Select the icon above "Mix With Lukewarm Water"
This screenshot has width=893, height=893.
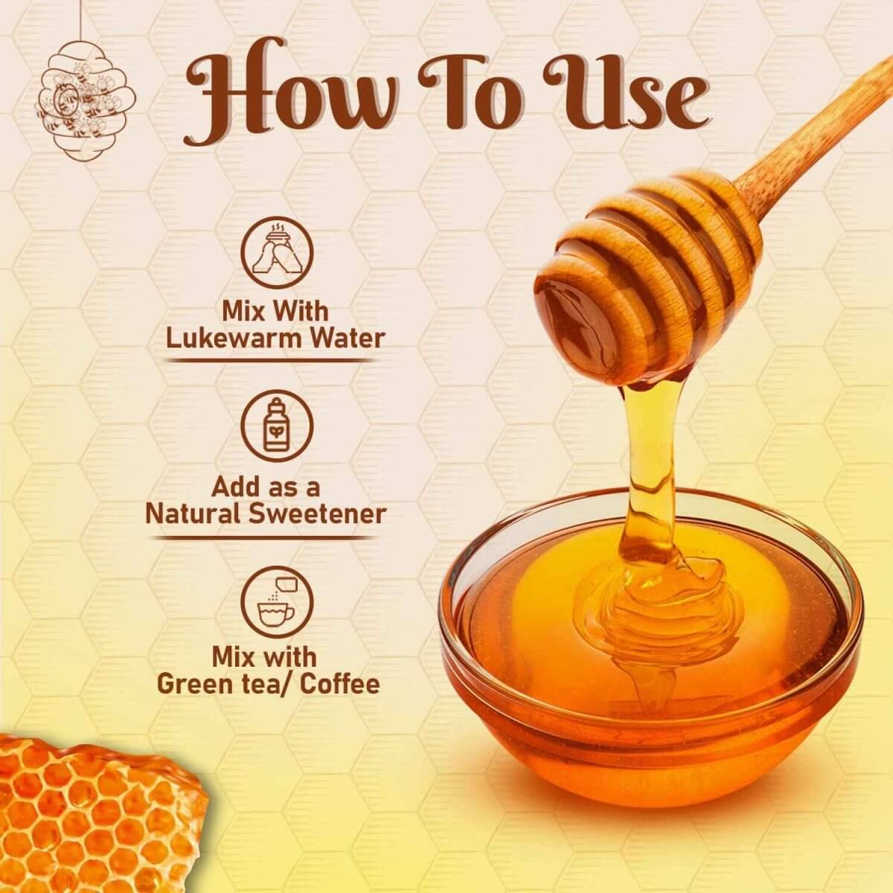277,253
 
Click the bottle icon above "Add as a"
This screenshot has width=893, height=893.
277,426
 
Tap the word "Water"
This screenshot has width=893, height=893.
348,339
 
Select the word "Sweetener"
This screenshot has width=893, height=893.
322,513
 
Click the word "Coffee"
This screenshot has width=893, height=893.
339,684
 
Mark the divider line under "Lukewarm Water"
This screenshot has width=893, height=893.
271,360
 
